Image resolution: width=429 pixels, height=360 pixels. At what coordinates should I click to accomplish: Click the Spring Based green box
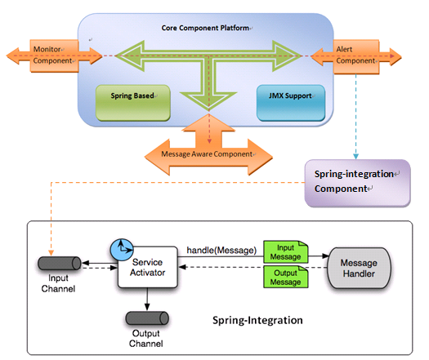(133, 103)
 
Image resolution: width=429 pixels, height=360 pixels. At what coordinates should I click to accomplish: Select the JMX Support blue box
(291, 103)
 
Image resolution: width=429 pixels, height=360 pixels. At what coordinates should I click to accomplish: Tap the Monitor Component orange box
(54, 56)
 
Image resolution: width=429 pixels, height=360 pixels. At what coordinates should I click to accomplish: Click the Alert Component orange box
(356, 56)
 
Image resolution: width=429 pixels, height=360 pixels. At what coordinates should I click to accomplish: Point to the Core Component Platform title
(205, 28)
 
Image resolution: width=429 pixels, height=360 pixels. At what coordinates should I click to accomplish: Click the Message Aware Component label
(207, 154)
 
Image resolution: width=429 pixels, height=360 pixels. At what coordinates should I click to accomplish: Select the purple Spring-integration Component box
(357, 183)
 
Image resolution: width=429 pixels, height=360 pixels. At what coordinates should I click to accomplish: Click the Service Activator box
(148, 267)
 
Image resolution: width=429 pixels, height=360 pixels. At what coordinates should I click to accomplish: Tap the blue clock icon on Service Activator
(122, 250)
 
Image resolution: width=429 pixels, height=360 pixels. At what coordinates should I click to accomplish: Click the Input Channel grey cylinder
(60, 263)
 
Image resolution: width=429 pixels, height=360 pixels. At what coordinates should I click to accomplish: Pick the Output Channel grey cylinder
(147, 318)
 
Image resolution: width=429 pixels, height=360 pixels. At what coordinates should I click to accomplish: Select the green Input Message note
(286, 251)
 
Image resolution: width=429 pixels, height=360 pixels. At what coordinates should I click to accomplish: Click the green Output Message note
(286, 277)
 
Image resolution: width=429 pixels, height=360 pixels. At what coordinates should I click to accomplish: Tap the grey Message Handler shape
(359, 268)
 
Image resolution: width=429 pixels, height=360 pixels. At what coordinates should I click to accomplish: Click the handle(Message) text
(221, 250)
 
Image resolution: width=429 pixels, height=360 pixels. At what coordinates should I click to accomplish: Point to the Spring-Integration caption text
(257, 320)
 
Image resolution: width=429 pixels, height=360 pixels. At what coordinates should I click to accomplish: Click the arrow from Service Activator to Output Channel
(147, 300)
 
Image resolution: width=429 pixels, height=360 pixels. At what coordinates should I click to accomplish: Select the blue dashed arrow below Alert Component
(355, 117)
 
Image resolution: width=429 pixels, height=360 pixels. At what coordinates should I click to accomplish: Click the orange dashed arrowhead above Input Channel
(51, 252)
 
